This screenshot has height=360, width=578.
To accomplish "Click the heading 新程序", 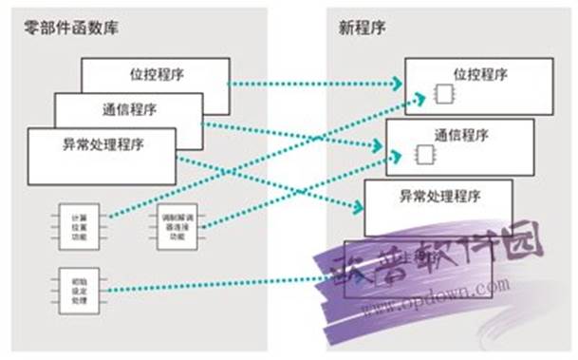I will pyautogui.click(x=358, y=27).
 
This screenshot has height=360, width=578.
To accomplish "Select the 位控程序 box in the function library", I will pyautogui.click(x=155, y=72).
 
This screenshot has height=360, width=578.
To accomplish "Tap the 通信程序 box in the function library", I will pyautogui.click(x=127, y=106).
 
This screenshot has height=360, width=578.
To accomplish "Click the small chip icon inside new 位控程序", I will pyautogui.click(x=443, y=93).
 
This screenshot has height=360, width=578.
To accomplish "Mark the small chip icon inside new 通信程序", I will pyautogui.click(x=424, y=153).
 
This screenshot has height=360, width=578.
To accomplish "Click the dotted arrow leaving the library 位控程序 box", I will pyautogui.click(x=313, y=83).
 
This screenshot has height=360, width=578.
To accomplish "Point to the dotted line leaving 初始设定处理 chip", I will pyautogui.click(x=218, y=282).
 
